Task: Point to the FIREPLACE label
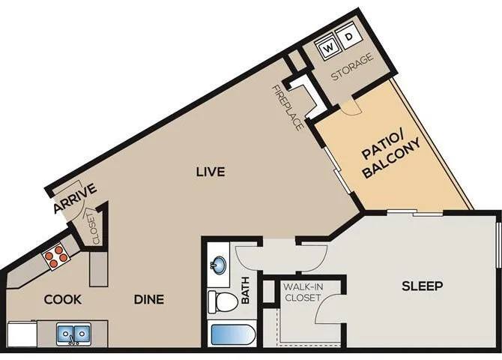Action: pyautogui.click(x=288, y=107)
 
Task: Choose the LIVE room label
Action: pyautogui.click(x=211, y=172)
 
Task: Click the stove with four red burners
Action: pyautogui.click(x=57, y=256)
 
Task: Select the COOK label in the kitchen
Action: pyautogui.click(x=62, y=299)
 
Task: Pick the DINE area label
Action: pyautogui.click(x=149, y=299)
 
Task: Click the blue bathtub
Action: pyautogui.click(x=232, y=335)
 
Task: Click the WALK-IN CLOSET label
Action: pyautogui.click(x=302, y=292)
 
